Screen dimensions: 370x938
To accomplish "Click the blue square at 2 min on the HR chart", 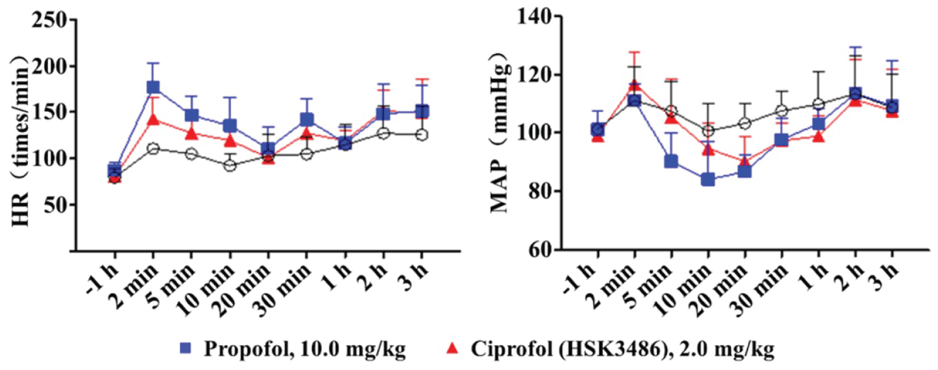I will click(x=153, y=87).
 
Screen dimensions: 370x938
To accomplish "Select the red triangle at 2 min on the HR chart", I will click(x=153, y=119).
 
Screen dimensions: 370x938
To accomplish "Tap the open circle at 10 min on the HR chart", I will click(x=229, y=166).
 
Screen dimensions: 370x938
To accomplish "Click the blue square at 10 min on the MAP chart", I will click(x=708, y=179).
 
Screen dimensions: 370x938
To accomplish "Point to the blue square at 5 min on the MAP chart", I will click(x=671, y=161).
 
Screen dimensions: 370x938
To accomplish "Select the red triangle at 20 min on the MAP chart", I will click(x=745, y=162).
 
